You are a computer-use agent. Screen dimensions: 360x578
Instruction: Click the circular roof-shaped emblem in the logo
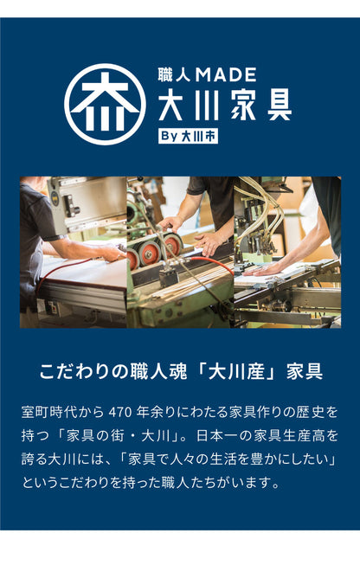[x=105, y=104]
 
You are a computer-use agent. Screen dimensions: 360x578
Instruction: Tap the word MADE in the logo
[x=225, y=74]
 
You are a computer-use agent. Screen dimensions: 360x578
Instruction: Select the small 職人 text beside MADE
[x=174, y=74]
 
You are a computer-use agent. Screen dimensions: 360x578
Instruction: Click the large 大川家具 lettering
[x=225, y=105]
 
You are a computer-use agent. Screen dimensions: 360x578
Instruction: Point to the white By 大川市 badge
[x=188, y=136]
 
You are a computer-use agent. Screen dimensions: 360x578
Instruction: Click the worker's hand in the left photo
[x=112, y=253]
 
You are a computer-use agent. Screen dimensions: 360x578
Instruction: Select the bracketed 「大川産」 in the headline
[x=237, y=372]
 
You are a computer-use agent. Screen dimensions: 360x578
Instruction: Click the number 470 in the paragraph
[x=120, y=412]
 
